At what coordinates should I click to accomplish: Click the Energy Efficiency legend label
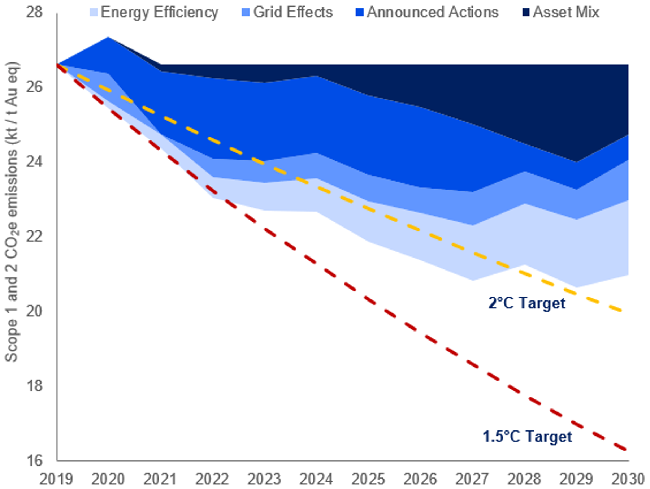(x=159, y=12)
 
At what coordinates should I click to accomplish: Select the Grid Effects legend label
(x=293, y=12)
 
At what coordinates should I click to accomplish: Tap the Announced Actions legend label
(x=433, y=12)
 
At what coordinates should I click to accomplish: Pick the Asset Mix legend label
(x=566, y=12)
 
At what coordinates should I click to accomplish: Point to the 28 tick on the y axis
(x=35, y=12)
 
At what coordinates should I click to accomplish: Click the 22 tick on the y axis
(x=35, y=237)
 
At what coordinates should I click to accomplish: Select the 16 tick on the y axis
(x=35, y=460)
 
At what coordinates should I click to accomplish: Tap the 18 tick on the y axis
(x=35, y=386)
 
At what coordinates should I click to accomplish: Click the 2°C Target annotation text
(x=526, y=303)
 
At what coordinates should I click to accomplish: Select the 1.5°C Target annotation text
(x=527, y=436)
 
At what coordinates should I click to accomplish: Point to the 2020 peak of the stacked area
(x=108, y=37)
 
